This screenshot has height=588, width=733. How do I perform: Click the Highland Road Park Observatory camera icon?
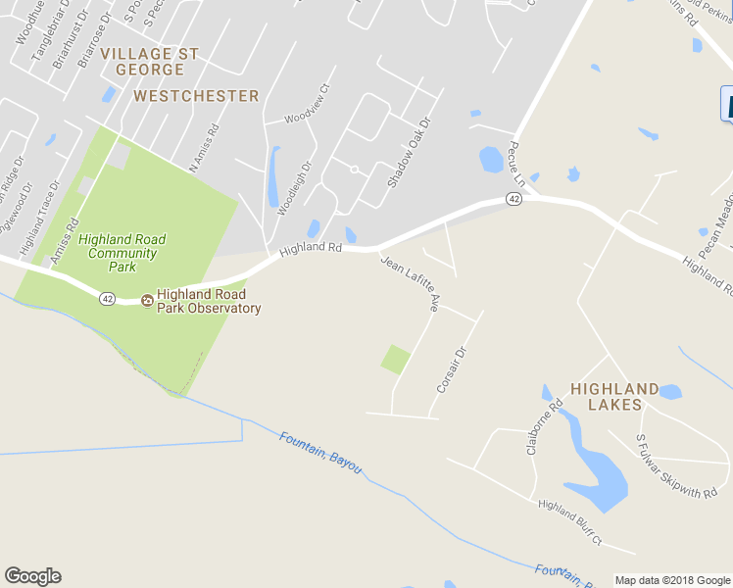click(x=147, y=300)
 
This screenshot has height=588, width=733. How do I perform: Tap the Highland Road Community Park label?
click(x=122, y=253)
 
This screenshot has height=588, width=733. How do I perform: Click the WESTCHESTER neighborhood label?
click(x=196, y=96)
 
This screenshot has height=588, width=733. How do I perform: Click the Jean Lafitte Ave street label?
click(x=409, y=283)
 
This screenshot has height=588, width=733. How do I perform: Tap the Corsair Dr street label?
click(x=449, y=367)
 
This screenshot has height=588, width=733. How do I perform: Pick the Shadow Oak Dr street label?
click(x=408, y=153)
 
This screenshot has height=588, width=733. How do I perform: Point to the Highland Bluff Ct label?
click(x=569, y=522)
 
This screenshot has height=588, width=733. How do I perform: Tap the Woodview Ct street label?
click(x=308, y=117)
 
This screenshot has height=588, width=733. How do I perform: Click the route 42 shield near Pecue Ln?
click(x=514, y=199)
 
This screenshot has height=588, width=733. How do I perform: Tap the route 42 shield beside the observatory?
click(x=107, y=299)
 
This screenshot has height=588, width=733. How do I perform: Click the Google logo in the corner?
click(x=32, y=576)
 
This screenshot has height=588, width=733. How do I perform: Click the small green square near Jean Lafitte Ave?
click(x=395, y=359)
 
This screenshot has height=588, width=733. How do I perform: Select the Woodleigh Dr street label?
click(x=294, y=188)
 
